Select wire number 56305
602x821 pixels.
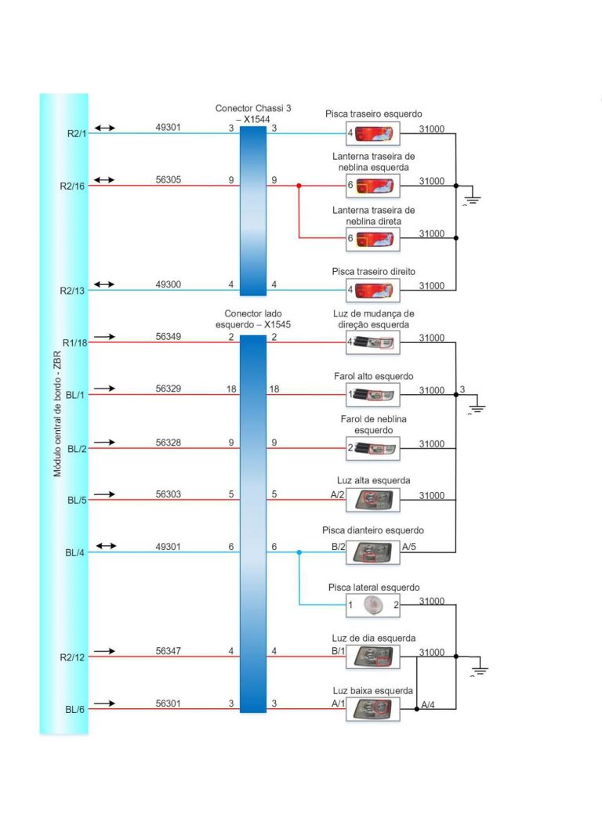(168, 180)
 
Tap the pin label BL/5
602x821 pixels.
(77, 500)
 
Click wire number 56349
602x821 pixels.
(168, 337)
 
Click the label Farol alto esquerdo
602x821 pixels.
(373, 377)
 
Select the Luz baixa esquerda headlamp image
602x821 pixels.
(374, 709)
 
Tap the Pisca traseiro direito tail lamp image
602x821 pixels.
(374, 291)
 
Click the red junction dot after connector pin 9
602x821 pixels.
(299, 186)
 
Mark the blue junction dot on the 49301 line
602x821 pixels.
(299, 552)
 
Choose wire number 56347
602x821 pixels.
(168, 651)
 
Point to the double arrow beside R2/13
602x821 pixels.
(104, 284)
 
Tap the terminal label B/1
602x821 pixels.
(339, 651)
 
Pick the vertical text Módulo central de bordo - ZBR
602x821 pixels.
(57, 415)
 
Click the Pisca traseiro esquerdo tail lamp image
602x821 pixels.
(374, 133)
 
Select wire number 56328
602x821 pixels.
(168, 443)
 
